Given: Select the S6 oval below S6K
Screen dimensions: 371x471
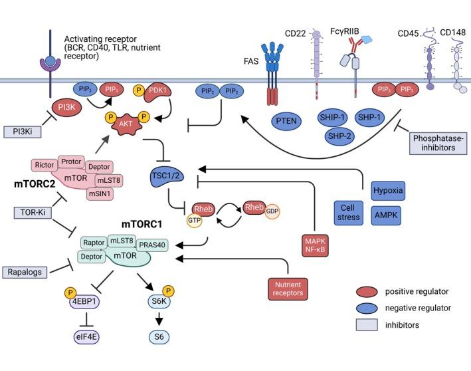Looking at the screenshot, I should (x=159, y=336).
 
